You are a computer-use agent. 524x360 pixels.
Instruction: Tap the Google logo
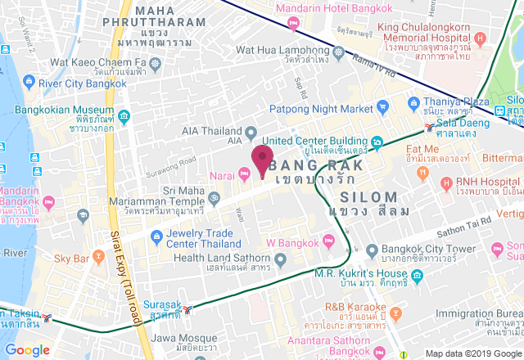pos(27,349)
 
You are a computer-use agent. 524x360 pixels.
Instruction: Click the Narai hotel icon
pos(244,173)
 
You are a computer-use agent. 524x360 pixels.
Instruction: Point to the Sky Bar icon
pos(98,258)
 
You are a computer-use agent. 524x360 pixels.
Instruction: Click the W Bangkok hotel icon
pos(328,240)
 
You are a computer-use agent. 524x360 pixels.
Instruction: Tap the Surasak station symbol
pos(190,309)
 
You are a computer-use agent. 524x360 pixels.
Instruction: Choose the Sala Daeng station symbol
pos(430,127)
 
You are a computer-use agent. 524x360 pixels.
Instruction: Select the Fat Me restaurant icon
pos(422,173)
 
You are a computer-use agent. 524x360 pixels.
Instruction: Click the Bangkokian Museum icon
pos(124,115)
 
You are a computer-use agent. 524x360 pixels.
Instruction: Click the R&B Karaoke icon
pos(397,313)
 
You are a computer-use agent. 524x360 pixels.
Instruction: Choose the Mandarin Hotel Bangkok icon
pos(267,8)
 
